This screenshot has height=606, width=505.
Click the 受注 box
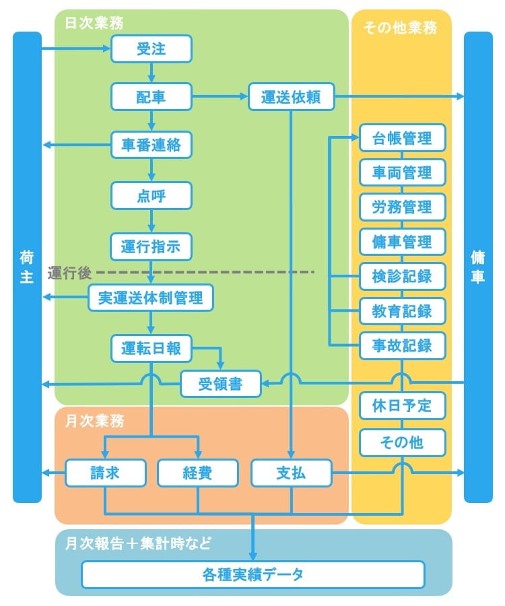click(151, 49)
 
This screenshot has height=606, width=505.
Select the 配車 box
click(151, 97)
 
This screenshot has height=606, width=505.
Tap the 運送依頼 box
click(291, 97)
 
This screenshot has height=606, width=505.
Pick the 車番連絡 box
click(151, 145)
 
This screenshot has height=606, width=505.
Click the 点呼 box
click(151, 196)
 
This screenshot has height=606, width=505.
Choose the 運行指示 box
click(151, 246)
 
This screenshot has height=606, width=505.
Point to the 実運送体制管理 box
click(151, 298)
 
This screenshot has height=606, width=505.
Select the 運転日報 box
click(151, 348)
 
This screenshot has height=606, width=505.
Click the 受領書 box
click(220, 384)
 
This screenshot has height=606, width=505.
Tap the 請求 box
click(105, 473)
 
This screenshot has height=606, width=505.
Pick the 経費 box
click(198, 473)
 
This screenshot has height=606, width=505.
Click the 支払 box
click(291, 473)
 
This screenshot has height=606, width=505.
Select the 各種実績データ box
click(253, 574)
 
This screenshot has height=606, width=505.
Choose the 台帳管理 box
click(403, 139)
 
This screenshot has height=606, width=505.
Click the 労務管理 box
click(403, 207)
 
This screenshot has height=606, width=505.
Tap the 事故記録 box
click(403, 346)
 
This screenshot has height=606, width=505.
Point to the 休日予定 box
click(403, 405)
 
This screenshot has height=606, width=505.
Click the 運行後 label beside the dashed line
click(69, 273)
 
